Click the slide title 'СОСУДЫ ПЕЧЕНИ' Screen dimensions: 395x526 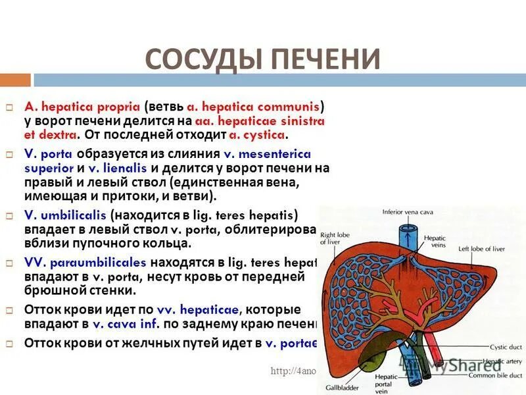262,59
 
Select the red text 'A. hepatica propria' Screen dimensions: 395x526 82,106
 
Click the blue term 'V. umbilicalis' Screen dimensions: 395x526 65,215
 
